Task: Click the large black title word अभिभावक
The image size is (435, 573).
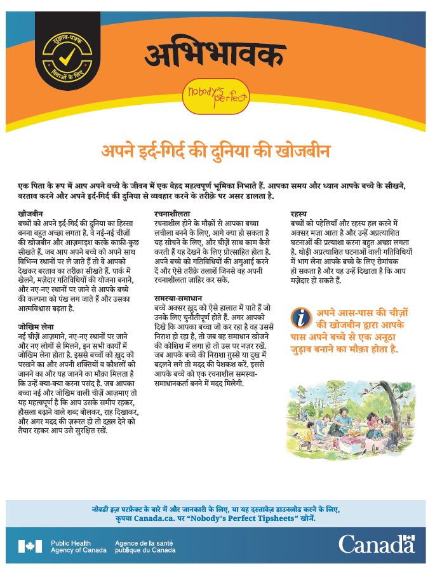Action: click(214, 53)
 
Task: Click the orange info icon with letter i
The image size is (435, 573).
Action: click(301, 316)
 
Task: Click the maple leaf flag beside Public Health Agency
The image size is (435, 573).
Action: click(30, 546)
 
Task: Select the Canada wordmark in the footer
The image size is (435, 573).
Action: click(376, 544)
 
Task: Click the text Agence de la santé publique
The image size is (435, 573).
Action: click(145, 546)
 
